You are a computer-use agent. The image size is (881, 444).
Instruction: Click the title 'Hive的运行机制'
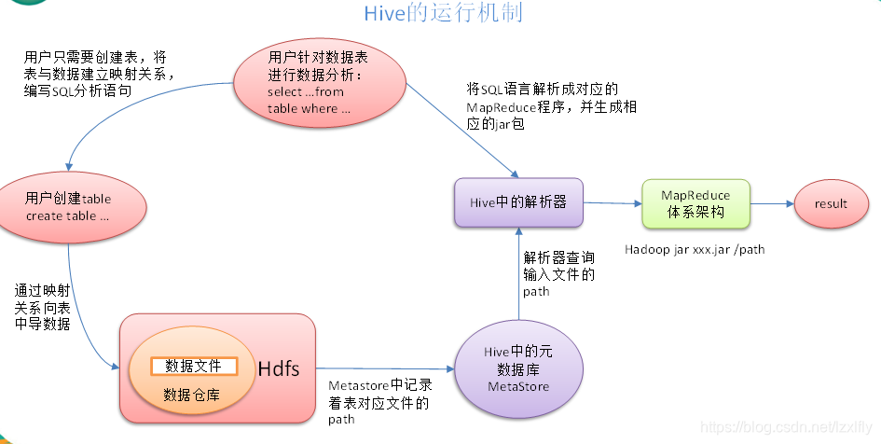pyautogui.click(x=442, y=13)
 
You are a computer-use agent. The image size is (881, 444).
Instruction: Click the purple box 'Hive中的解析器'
pyautogui.click(x=518, y=201)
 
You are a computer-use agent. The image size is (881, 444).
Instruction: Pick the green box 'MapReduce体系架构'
pyautogui.click(x=695, y=203)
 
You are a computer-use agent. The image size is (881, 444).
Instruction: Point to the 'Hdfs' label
pyautogui.click(x=279, y=369)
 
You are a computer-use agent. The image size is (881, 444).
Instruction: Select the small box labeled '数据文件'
pyautogui.click(x=194, y=366)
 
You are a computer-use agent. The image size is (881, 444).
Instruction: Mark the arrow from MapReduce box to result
pyautogui.click(x=771, y=203)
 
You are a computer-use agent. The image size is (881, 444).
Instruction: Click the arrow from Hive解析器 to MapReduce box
pyautogui.click(x=613, y=202)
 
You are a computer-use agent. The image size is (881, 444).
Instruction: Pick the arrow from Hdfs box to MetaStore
pyautogui.click(x=383, y=368)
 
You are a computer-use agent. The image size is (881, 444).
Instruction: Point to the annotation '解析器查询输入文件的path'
pyautogui.click(x=558, y=273)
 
